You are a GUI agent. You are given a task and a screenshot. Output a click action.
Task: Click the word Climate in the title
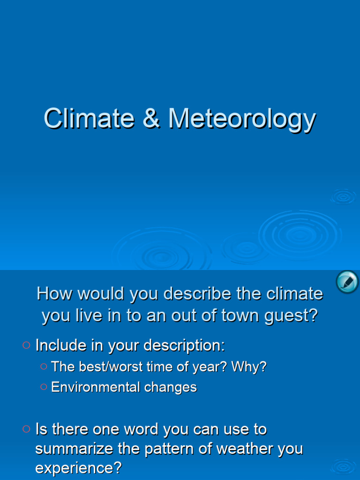coord(89,118)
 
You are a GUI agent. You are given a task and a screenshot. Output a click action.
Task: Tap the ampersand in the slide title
coord(151,118)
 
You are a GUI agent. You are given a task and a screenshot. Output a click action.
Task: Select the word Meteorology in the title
coord(242,119)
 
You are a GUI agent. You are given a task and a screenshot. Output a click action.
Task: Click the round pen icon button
coord(347,282)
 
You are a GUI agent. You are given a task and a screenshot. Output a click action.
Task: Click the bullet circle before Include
coord(26,345)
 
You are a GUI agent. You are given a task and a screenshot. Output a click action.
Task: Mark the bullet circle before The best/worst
coord(44,367)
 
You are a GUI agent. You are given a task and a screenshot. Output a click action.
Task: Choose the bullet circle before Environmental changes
coord(44,387)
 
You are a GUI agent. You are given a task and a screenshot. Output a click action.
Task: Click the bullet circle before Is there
coord(26,428)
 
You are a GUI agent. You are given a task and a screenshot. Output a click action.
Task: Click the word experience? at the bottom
coord(78,468)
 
